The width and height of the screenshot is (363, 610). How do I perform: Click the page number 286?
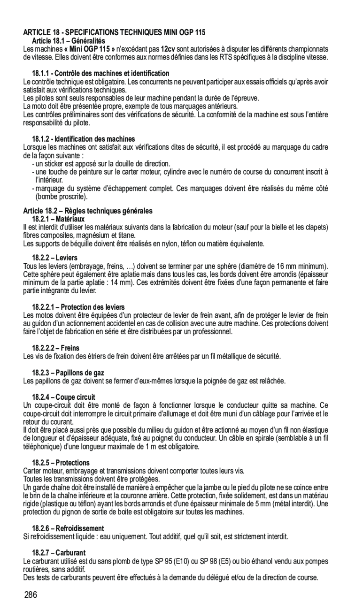(x=31, y=595)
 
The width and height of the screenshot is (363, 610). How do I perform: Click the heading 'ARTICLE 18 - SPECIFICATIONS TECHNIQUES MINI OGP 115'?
(x=114, y=32)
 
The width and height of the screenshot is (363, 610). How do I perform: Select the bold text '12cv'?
(x=169, y=49)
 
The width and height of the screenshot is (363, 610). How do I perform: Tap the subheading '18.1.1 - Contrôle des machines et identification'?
(x=100, y=73)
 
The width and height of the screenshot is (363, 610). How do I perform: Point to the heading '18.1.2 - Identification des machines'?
(x=83, y=139)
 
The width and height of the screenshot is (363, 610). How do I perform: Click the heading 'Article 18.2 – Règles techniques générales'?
(x=88, y=211)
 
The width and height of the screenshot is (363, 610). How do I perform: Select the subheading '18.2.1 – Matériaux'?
(x=58, y=219)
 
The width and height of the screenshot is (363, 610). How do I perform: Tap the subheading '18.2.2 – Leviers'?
(x=55, y=258)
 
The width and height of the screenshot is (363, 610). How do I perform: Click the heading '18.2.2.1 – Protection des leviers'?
(x=78, y=307)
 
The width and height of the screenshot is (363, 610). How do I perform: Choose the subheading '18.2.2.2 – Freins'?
(x=55, y=348)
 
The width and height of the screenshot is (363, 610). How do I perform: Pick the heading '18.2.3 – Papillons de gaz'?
(x=68, y=373)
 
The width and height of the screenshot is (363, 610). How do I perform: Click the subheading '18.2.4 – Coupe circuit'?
(x=63, y=397)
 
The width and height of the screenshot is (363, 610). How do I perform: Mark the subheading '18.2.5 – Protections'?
(x=61, y=463)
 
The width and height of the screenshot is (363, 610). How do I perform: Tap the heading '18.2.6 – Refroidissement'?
(x=68, y=528)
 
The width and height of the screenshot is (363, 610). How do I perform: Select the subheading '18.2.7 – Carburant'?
(x=59, y=553)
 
